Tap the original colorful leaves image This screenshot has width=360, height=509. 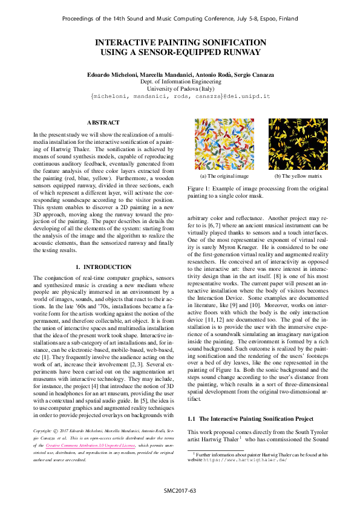pyautogui.click(x=224, y=144)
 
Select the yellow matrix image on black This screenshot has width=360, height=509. pyautogui.click(x=298, y=144)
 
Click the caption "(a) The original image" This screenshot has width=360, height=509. pyautogui.click(x=224, y=177)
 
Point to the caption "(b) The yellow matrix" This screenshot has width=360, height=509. pyautogui.click(x=298, y=177)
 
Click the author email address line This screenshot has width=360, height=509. pyautogui.click(x=180, y=96)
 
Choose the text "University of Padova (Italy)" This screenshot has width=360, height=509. pyautogui.click(x=180, y=88)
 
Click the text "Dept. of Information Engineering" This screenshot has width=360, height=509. pyautogui.click(x=180, y=80)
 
